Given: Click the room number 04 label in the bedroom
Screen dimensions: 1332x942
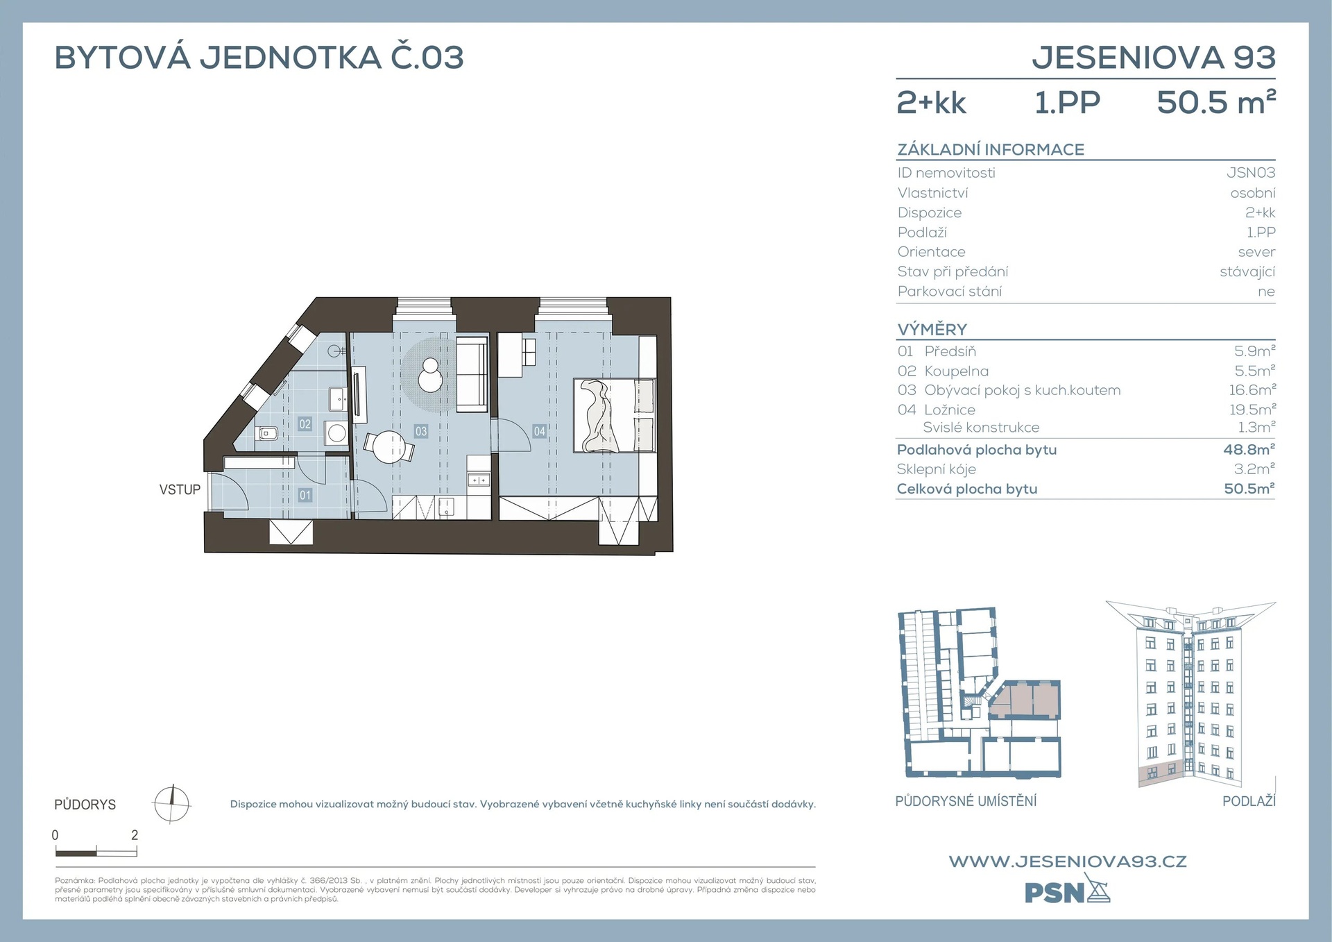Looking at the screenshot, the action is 539,431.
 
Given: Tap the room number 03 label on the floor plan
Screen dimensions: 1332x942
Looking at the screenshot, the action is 421,431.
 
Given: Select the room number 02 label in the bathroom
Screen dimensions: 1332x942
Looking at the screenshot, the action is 305,423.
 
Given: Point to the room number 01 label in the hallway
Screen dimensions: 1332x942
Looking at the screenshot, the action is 305,495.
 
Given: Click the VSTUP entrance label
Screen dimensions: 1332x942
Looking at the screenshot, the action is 180,489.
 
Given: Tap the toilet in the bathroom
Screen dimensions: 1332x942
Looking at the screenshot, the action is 267,434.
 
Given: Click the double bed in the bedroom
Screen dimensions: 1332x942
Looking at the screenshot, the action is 614,415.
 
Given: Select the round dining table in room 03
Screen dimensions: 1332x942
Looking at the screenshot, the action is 388,447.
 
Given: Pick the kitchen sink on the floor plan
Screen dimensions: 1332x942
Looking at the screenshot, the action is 479,480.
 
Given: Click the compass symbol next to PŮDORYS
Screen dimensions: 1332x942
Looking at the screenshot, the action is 171,804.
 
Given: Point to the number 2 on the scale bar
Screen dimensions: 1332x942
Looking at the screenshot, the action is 135,835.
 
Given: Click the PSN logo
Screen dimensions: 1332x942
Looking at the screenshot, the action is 1067,890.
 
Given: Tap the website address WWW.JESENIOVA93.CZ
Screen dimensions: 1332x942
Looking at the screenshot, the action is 1068,861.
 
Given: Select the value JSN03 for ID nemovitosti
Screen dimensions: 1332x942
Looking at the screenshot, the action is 1251,172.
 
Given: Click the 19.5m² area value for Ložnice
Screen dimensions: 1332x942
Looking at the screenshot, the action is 1252,410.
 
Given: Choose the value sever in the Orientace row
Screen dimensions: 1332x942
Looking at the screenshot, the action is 1256,252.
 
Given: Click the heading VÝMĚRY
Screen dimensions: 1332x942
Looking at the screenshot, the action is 932,329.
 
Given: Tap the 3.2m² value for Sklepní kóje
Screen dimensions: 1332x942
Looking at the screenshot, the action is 1254,469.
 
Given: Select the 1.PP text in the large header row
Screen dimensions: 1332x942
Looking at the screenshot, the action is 1067,103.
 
